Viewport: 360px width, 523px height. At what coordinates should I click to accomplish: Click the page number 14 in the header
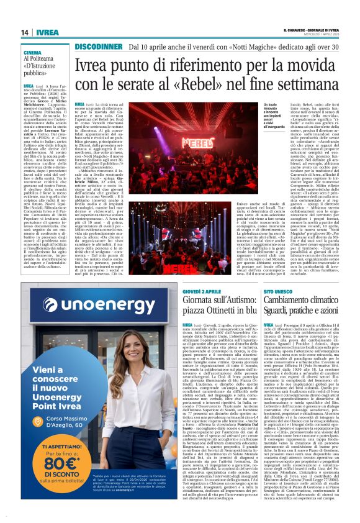[x=25, y=32]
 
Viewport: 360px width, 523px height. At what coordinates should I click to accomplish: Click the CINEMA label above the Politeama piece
[x=34, y=54]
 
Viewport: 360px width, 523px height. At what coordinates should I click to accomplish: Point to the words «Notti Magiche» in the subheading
[x=215, y=46]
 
